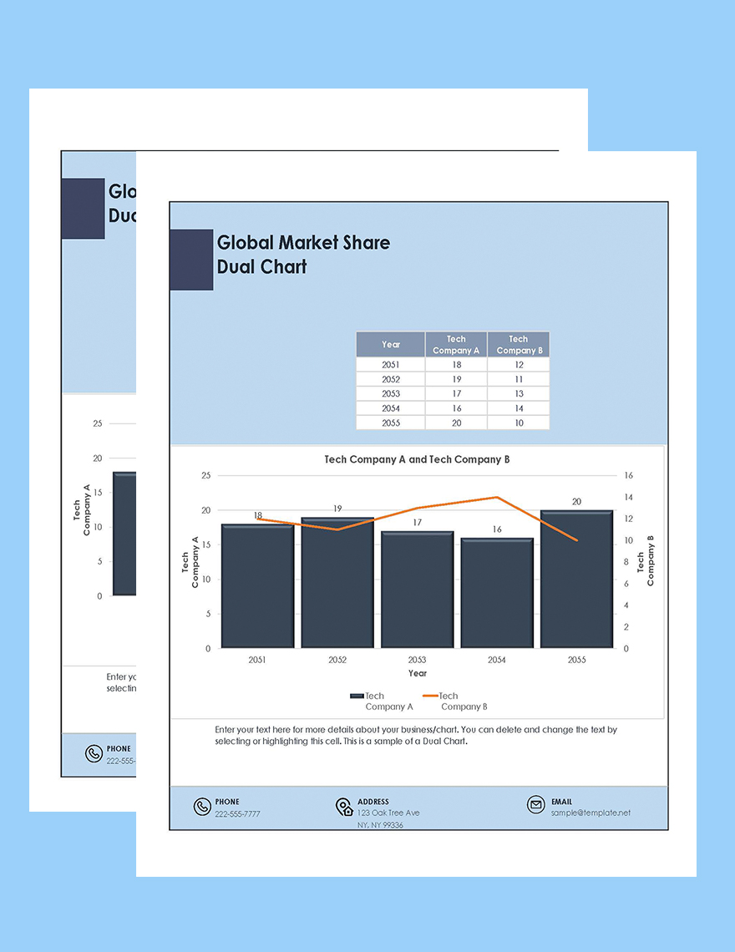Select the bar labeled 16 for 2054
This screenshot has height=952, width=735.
497,595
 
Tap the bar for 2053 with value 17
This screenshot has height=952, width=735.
417,591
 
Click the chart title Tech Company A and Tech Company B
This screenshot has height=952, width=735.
417,459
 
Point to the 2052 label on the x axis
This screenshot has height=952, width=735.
337,660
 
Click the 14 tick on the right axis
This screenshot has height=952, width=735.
628,497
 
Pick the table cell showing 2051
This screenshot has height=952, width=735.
390,365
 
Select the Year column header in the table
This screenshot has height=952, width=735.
390,344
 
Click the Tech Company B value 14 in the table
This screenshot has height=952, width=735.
519,408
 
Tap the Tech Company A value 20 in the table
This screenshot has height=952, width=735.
456,423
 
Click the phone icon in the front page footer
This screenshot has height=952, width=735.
202,807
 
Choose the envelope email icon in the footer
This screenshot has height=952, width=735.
535,805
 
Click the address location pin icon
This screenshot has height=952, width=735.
344,807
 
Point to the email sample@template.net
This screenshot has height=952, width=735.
591,813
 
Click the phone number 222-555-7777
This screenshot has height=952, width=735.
237,813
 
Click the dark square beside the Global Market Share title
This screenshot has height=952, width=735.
191,260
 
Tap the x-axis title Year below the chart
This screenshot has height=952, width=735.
418,673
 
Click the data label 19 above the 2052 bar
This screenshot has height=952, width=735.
337,509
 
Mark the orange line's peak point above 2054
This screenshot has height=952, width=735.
497,497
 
